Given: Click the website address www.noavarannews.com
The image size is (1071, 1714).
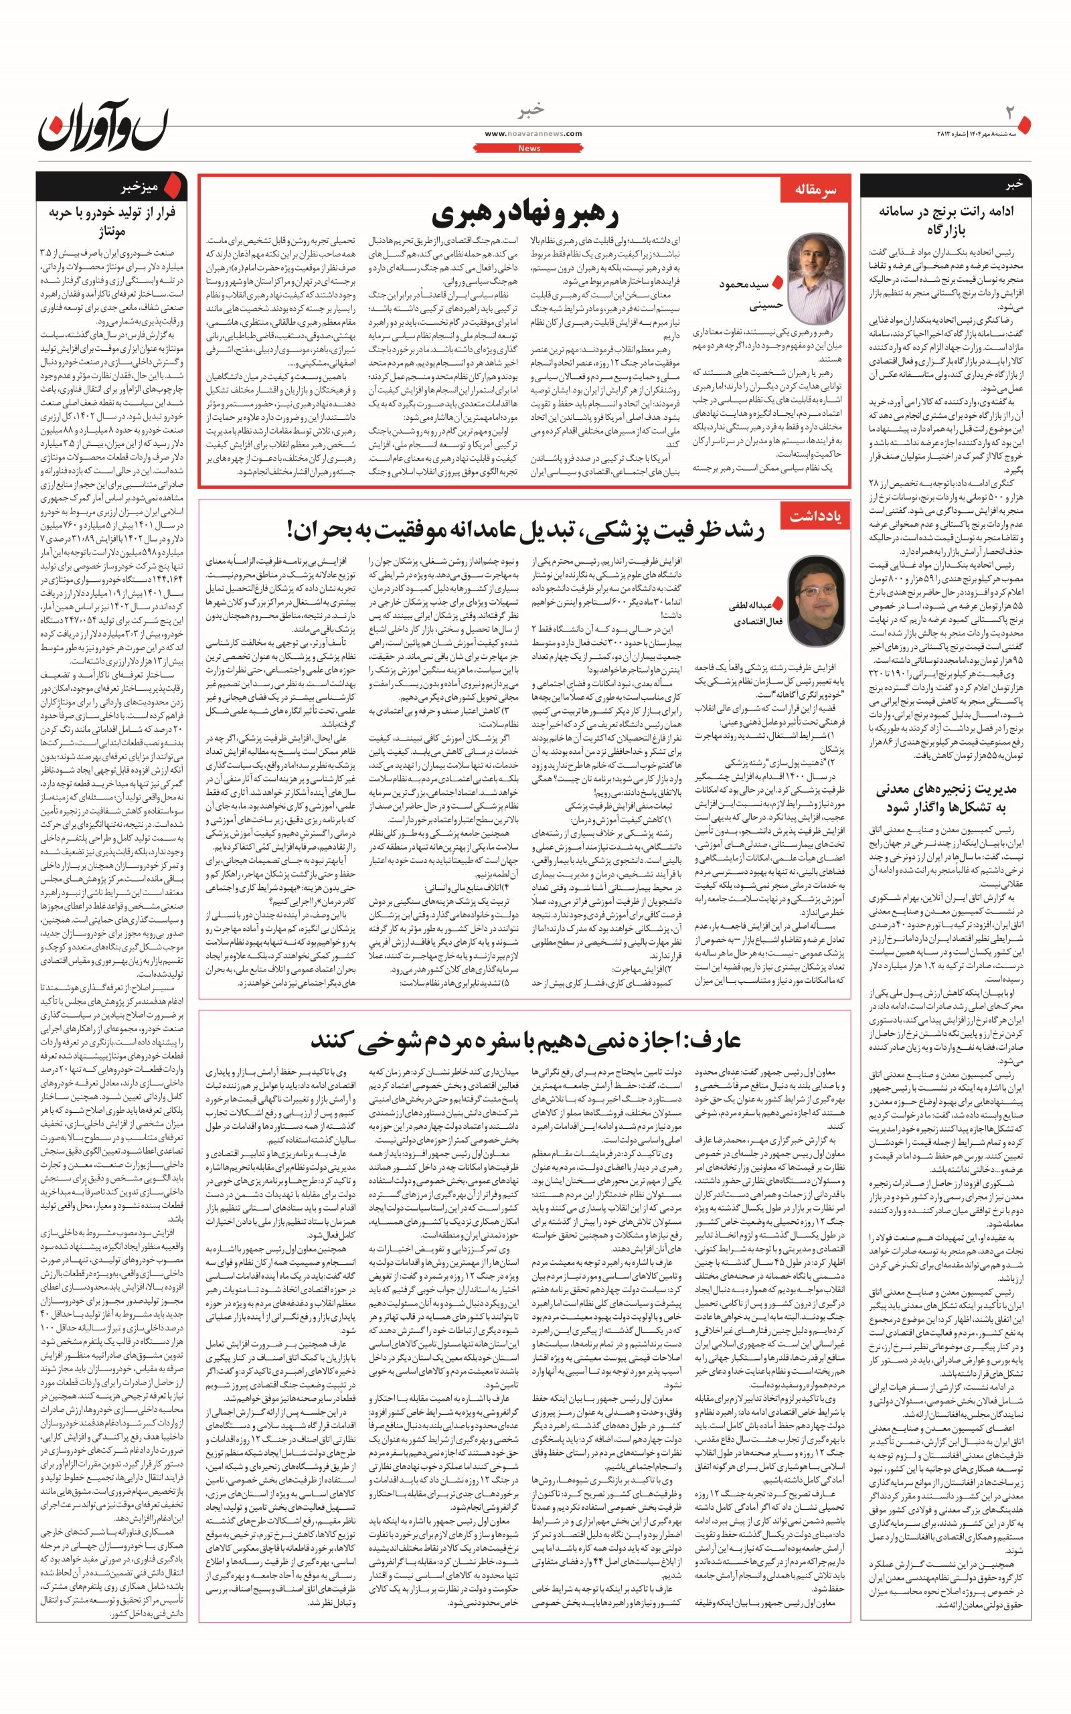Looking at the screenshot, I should (533, 134).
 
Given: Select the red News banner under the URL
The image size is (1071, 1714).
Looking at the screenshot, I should (529, 149).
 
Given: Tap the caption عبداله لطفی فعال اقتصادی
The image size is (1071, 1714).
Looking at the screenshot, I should (752, 613).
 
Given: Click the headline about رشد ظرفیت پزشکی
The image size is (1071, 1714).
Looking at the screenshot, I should (525, 529).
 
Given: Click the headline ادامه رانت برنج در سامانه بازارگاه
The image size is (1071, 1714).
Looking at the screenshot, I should (946, 220).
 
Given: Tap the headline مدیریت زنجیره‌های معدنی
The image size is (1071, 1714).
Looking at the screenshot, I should (946, 797).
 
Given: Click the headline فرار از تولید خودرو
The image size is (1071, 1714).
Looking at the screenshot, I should (111, 221).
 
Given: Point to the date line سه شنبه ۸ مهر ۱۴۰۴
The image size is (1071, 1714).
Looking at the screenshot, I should (991, 134).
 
